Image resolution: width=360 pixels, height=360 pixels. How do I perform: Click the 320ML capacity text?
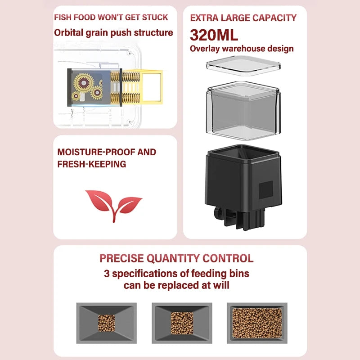pos(214,35)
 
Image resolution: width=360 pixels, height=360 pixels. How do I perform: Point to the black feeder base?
pos(243,180)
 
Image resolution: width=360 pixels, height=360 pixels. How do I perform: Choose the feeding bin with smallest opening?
pos(106,322)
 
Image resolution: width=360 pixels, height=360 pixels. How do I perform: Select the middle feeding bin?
pos(181,322)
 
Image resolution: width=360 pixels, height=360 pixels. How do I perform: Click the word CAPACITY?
pos(274,18)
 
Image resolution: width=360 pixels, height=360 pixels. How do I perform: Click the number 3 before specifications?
pos(107,273)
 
